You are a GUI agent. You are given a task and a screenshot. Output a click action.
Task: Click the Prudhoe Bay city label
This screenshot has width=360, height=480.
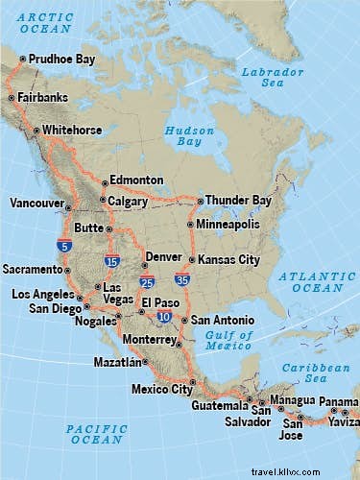(62, 59)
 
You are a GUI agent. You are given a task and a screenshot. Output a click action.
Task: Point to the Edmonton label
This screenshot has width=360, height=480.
(136, 180)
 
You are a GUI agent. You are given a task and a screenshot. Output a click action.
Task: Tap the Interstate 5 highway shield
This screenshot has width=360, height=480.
(64, 245)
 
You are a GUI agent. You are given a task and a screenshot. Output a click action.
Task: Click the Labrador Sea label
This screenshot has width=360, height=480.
(267, 77)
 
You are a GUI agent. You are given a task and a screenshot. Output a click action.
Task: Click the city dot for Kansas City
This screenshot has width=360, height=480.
(192, 260)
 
